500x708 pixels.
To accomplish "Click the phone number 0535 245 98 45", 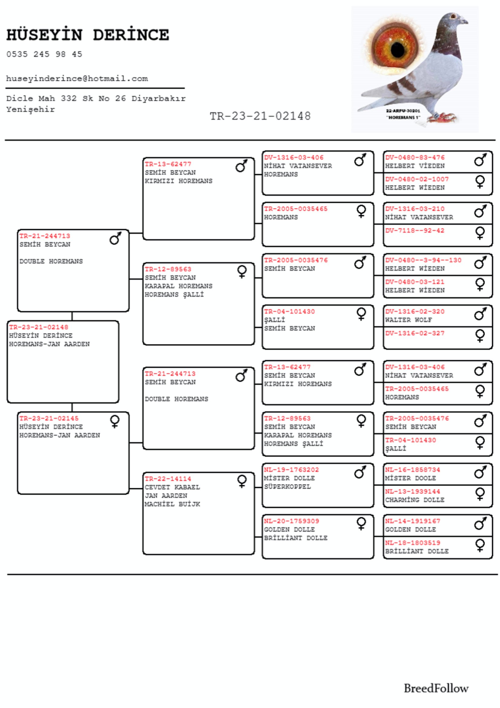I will [44, 54].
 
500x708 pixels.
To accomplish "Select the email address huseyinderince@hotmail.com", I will [77, 79].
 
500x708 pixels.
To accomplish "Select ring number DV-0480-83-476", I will [415, 158].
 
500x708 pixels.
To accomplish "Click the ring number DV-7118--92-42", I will [415, 231].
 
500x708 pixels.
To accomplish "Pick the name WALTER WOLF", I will [408, 320].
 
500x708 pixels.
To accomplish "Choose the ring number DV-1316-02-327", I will [415, 333].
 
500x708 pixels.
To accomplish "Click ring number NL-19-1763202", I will [291, 470].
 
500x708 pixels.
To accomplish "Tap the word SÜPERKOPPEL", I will [287, 487].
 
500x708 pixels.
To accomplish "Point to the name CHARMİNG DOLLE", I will [415, 500].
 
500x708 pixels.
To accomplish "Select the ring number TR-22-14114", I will [168, 479].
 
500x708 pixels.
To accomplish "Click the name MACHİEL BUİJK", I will [172, 504].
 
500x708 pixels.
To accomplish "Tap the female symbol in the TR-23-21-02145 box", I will [115, 421].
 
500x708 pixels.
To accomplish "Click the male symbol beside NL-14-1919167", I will [480, 524].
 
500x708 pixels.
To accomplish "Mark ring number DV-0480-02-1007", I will [417, 179].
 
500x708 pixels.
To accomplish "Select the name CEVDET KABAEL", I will [172, 487].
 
